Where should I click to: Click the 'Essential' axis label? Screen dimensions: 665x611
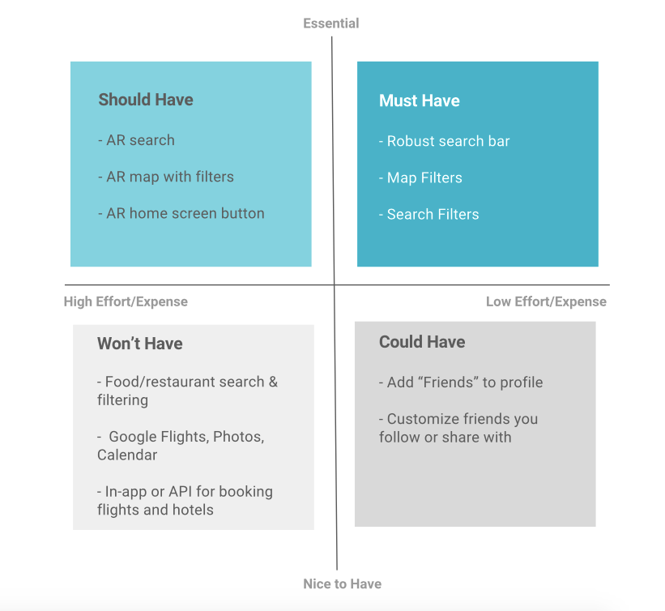tap(330, 23)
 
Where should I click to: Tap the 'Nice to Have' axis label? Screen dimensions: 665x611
tap(343, 583)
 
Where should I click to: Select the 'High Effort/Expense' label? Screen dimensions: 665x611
tap(126, 301)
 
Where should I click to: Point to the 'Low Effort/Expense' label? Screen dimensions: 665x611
tap(546, 301)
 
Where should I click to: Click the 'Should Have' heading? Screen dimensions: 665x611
tap(146, 100)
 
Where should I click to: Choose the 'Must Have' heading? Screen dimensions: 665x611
tap(420, 100)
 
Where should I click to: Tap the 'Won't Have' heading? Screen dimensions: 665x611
tap(140, 344)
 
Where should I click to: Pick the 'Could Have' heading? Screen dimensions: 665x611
tap(422, 342)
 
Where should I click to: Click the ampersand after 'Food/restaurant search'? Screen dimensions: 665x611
tap(273, 382)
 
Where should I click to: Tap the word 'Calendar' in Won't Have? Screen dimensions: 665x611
tap(127, 455)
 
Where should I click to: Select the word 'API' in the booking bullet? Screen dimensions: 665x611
tap(181, 491)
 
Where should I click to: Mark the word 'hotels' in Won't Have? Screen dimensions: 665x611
tap(193, 510)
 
